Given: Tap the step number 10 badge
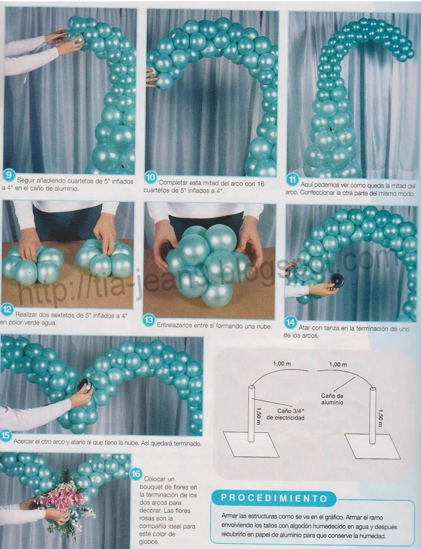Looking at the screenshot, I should tap(151, 177).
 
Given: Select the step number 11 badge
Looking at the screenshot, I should tap(292, 180).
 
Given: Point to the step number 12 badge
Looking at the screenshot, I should tap(7, 310).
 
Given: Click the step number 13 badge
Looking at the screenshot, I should tap(149, 320).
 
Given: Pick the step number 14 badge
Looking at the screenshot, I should tap(291, 323).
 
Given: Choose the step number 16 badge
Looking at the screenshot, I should tap(136, 474).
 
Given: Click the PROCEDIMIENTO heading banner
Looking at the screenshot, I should tap(274, 498).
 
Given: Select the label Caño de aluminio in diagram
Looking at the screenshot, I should tap(332, 399).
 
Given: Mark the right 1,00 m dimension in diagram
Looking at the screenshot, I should tap(338, 364).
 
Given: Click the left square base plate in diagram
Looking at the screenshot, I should tap(250, 444).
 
